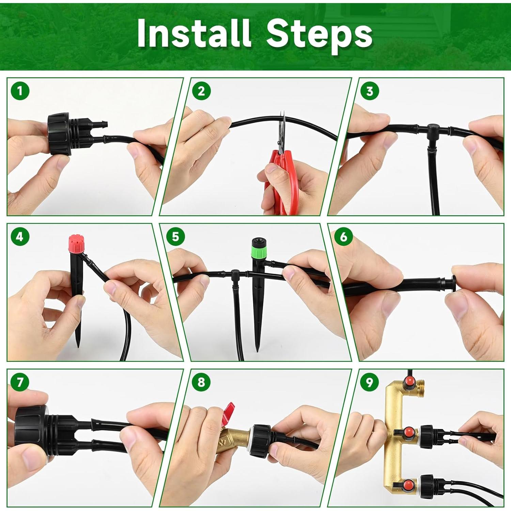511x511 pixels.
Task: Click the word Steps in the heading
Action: (x=319, y=35)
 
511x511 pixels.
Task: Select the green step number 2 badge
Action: (x=201, y=91)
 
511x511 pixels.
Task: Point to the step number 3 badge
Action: (x=370, y=91)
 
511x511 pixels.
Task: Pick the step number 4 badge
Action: (x=20, y=236)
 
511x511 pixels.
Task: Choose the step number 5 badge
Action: (x=175, y=236)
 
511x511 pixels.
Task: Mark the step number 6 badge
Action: (x=343, y=236)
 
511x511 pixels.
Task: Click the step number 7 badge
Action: (x=20, y=382)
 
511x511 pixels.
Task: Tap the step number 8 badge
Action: (x=201, y=382)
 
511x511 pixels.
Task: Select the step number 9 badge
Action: (x=370, y=382)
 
